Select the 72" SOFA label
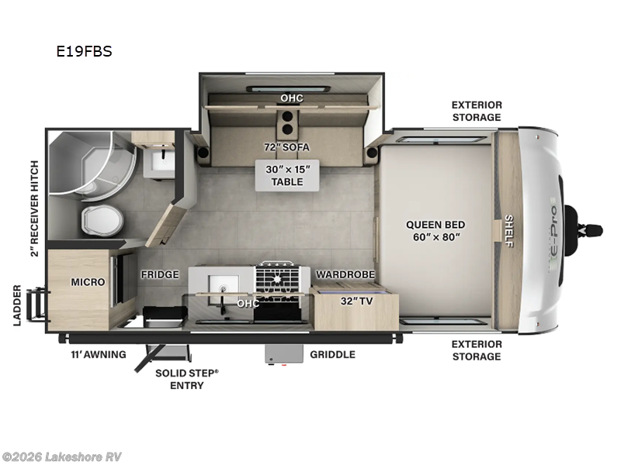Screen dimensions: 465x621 281,146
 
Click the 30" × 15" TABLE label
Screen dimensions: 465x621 281,175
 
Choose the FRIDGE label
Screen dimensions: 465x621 160,274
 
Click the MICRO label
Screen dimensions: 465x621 88,281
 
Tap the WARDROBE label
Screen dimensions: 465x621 345,274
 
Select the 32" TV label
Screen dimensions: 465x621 357,301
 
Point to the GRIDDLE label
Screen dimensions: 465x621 332,354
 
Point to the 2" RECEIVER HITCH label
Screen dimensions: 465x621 33,208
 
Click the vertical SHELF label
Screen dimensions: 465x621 509,231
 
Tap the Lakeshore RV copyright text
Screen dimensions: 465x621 62,456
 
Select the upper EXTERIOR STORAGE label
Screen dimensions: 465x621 477,111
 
